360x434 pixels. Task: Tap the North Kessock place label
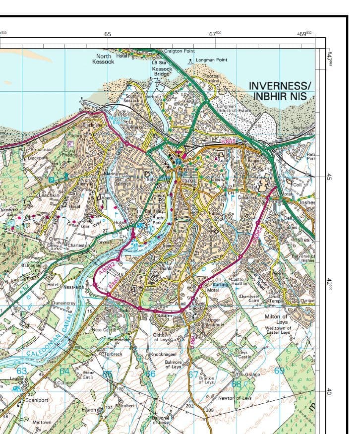coord(103,59)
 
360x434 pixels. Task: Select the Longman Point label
coord(211,60)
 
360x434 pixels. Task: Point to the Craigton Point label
coord(179,51)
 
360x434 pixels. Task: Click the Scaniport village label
coord(37,399)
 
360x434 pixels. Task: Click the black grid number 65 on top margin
coord(108,34)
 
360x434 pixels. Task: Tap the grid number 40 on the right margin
coord(328,391)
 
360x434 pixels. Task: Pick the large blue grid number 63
coord(21,371)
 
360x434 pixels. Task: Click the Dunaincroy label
coord(63,303)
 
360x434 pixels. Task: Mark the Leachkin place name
coord(50,195)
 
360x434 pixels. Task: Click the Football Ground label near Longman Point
coord(212,78)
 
